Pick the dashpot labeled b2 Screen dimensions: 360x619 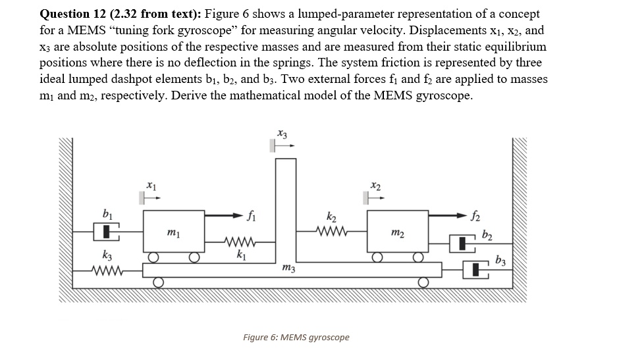466,244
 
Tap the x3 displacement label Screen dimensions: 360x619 282,134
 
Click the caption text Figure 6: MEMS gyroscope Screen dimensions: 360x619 296,337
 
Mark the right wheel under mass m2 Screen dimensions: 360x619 417,257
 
